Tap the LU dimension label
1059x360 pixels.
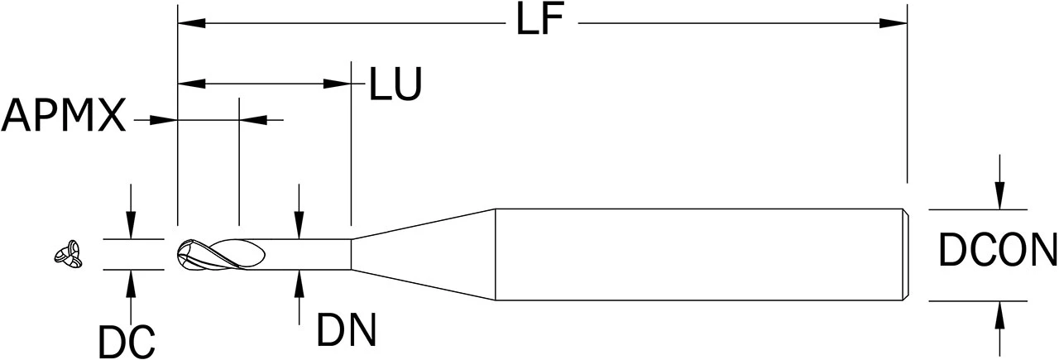395,84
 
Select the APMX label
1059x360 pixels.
64,115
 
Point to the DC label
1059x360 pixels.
127,341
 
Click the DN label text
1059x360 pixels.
347,329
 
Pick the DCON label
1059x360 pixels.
998,250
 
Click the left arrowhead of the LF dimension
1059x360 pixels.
191,22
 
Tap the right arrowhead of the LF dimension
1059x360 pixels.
893,22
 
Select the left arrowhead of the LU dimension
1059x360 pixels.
191,84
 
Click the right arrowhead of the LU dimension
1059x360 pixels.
337,84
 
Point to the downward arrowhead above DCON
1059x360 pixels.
999,195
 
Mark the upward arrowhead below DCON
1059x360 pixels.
999,314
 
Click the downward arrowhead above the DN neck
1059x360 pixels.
299,225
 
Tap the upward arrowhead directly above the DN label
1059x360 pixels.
299,284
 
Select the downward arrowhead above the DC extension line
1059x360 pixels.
131,225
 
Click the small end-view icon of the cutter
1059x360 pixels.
69,255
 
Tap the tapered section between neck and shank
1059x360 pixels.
423,255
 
